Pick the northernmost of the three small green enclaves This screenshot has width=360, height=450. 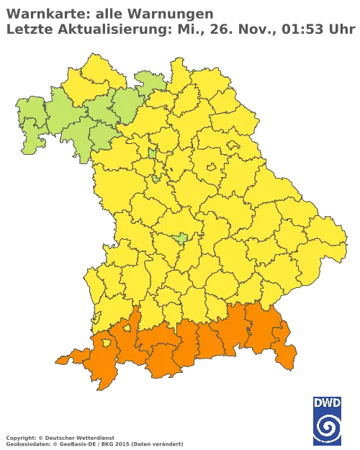click(x=153, y=152)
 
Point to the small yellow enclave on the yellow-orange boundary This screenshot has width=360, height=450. click(x=126, y=328)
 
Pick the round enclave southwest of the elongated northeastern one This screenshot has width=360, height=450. click(x=211, y=168)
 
